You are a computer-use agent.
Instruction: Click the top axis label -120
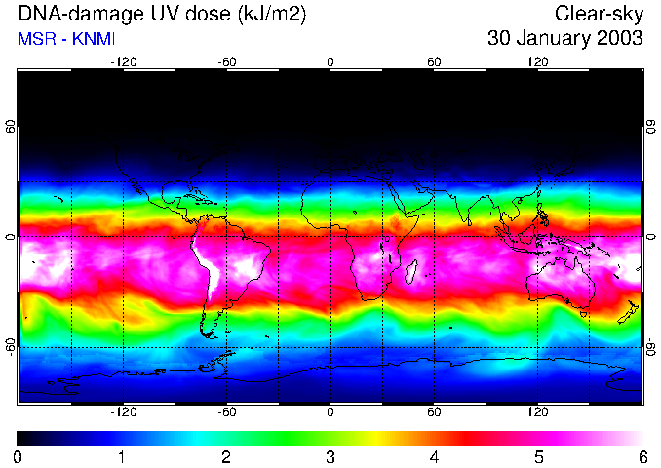[123, 61]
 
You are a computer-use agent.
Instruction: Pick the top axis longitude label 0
[330, 61]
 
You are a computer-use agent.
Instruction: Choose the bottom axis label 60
[434, 411]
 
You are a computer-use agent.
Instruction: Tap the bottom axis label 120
[537, 411]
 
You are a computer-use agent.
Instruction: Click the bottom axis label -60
[226, 411]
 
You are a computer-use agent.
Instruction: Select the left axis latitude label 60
[10, 127]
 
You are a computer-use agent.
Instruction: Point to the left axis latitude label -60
[10, 346]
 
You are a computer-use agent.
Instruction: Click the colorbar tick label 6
[642, 456]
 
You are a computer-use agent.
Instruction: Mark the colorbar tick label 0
[19, 456]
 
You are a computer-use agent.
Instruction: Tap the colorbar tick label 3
[330, 456]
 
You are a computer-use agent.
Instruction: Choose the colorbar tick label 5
[538, 456]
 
